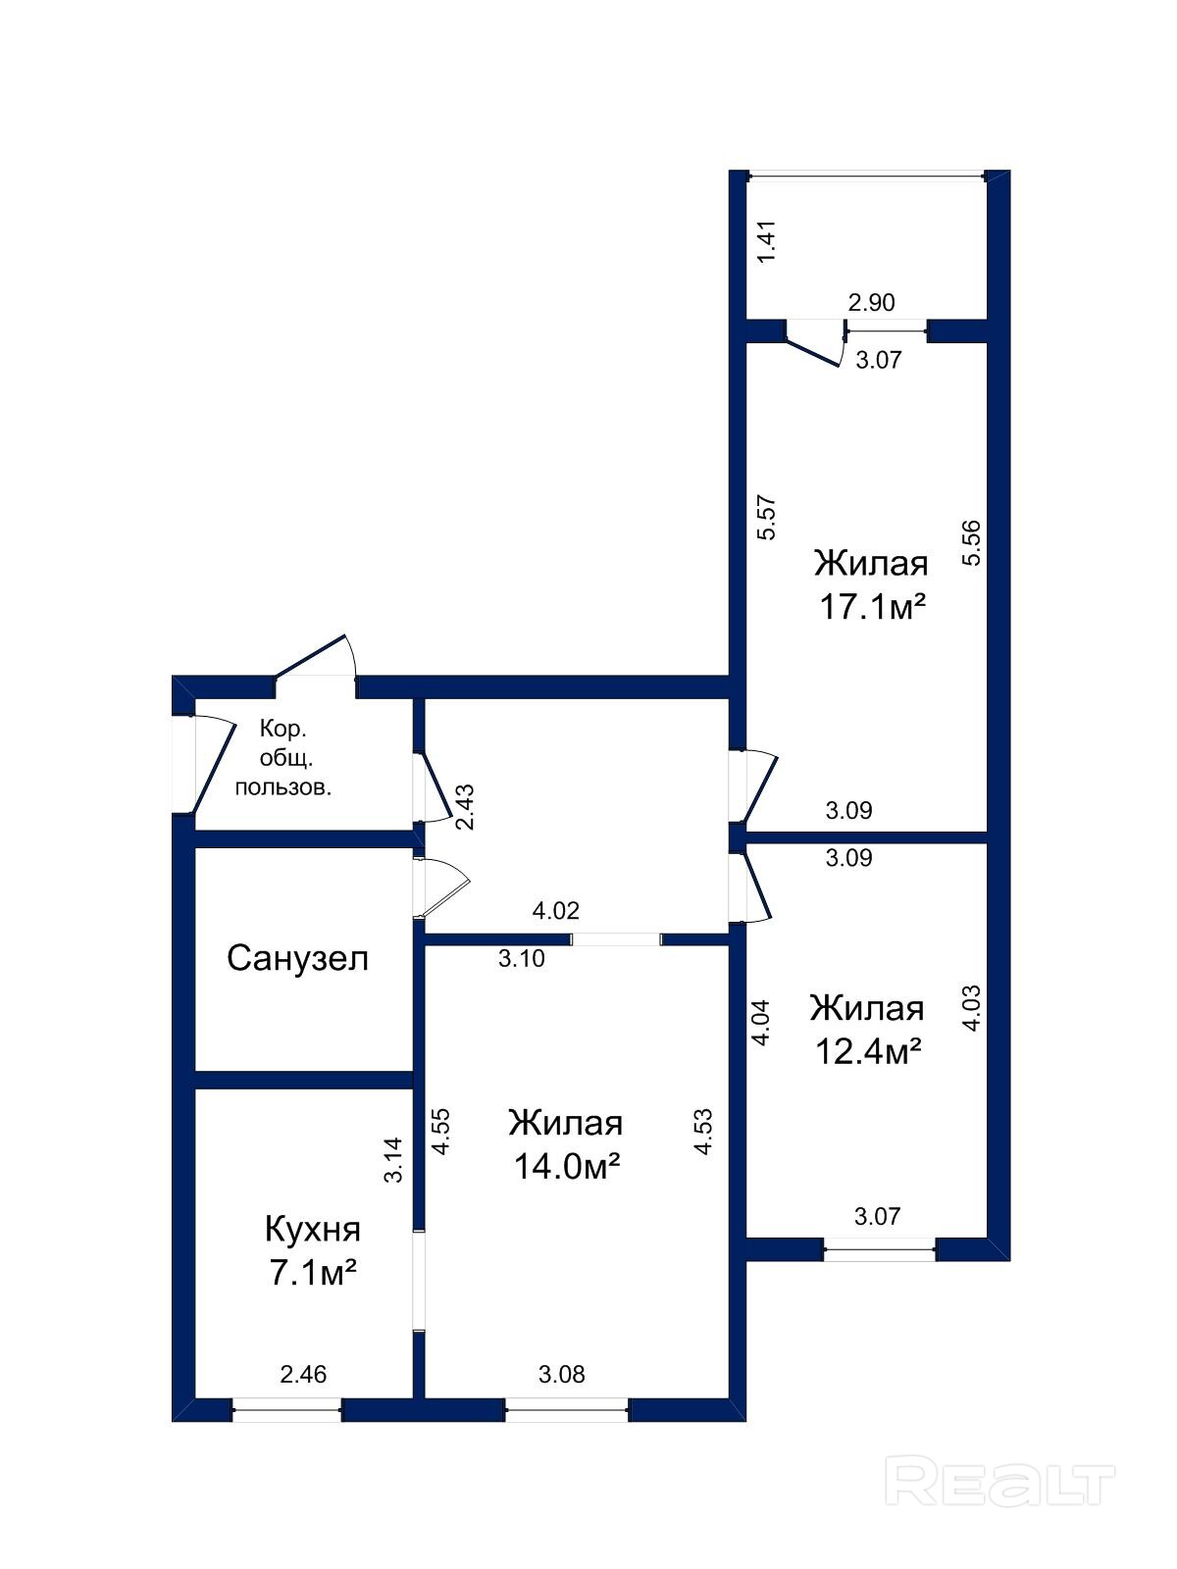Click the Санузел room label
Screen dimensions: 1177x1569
pyautogui.click(x=297, y=958)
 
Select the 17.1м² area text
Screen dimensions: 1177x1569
pyautogui.click(x=872, y=609)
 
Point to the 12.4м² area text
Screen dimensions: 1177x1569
pyautogui.click(x=868, y=1052)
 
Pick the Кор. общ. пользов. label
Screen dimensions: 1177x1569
pyautogui.click(x=283, y=758)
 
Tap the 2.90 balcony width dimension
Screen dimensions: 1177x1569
pyautogui.click(x=871, y=302)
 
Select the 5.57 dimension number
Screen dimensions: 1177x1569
pyautogui.click(x=767, y=518)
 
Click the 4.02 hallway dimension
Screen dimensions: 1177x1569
pyautogui.click(x=556, y=911)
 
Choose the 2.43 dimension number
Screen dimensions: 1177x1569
pyautogui.click(x=465, y=807)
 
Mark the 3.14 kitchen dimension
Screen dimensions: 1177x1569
pyautogui.click(x=393, y=1159)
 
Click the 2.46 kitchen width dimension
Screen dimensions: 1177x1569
pyautogui.click(x=303, y=1374)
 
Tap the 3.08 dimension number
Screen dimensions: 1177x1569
pyautogui.click(x=562, y=1374)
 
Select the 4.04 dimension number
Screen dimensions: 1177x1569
pyautogui.click(x=761, y=1022)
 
